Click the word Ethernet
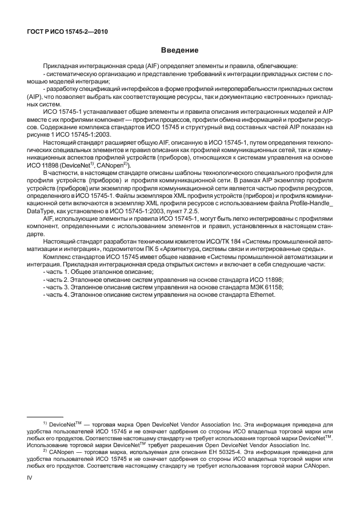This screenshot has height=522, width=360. click(x=262, y=294)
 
